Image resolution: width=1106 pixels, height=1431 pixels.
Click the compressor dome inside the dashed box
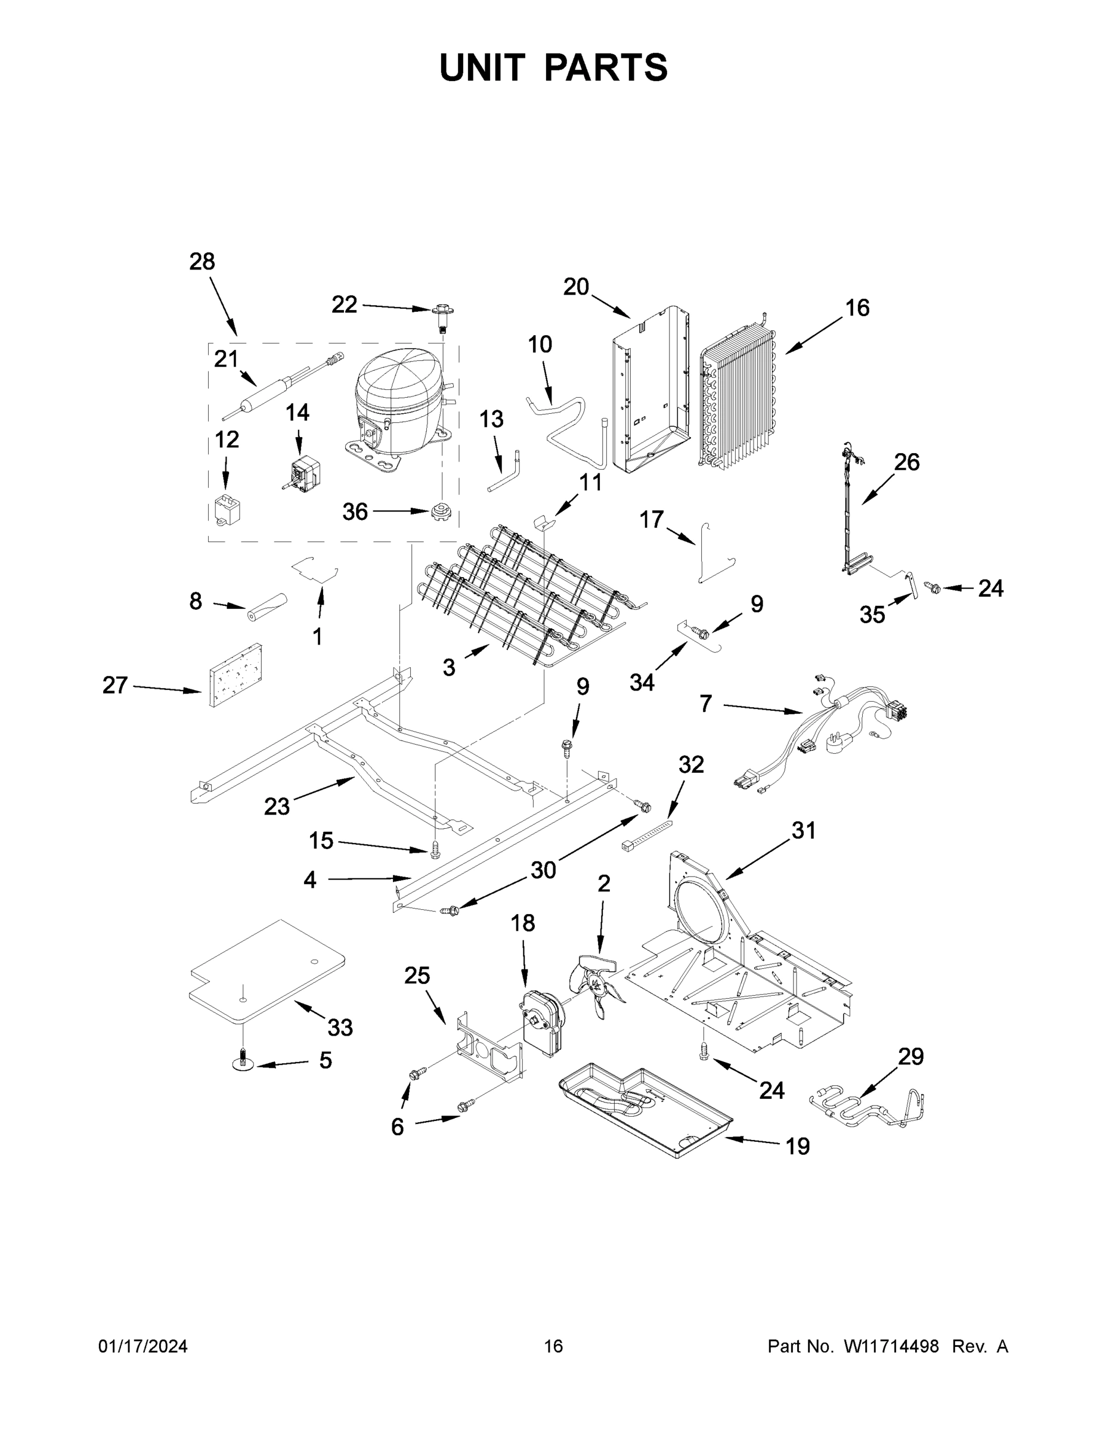396,403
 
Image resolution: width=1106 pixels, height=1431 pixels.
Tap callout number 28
202,262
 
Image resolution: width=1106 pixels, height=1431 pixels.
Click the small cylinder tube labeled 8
267,607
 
